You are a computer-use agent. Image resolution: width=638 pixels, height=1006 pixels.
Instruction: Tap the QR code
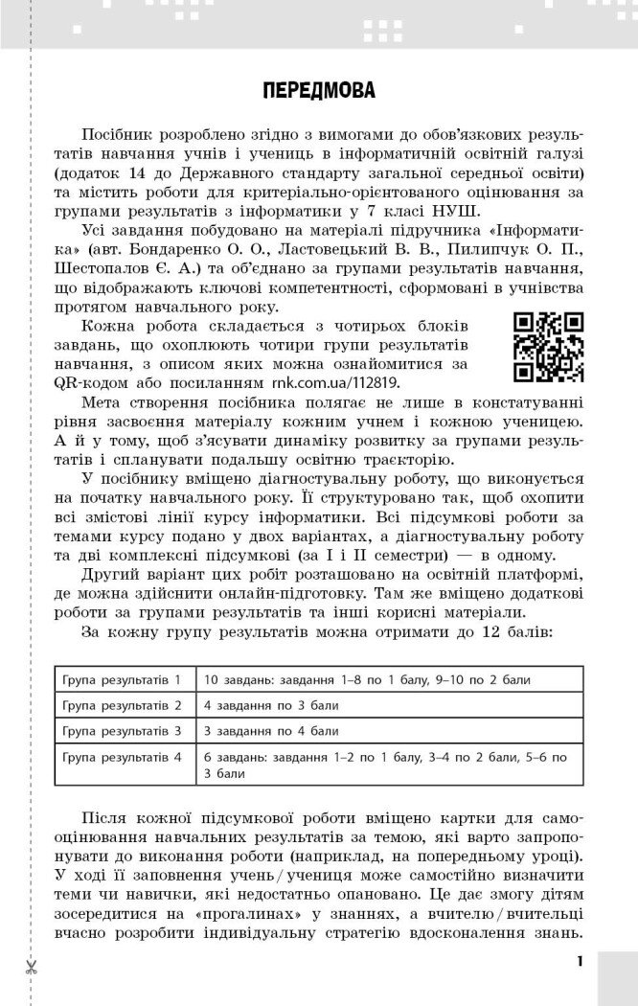click(x=549, y=347)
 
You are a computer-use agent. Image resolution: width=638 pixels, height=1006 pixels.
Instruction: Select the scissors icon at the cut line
click(x=32, y=968)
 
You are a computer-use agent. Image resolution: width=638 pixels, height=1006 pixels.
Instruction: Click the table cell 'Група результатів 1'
click(x=122, y=679)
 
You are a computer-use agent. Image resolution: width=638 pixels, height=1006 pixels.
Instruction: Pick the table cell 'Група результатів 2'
click(x=122, y=705)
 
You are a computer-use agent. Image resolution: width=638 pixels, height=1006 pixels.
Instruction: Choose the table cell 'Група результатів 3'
click(x=122, y=731)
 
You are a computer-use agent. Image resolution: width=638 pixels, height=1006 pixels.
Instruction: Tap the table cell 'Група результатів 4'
click(x=122, y=757)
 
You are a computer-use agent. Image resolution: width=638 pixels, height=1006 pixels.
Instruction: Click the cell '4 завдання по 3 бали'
click(x=259, y=705)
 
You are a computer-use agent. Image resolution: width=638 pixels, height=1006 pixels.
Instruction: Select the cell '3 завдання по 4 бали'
click(x=259, y=731)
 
